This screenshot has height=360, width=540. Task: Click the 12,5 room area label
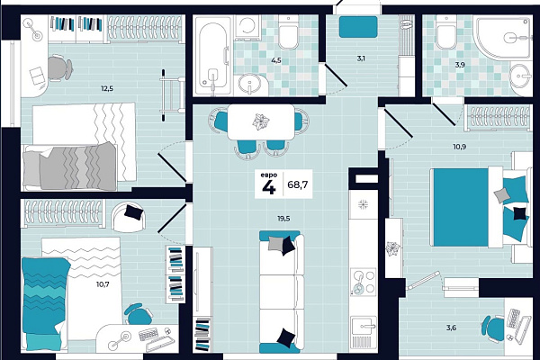107,89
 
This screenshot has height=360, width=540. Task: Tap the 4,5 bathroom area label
276,60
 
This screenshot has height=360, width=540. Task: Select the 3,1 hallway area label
361,58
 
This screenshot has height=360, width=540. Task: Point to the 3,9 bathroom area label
460,65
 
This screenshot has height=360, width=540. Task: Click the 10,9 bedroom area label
460,147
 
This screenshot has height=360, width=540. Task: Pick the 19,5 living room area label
283,219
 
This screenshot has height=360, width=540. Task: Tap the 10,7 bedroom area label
103,284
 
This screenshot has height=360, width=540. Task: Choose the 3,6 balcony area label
451,328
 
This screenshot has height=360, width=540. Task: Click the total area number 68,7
298,185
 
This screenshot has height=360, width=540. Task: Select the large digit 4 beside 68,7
269,188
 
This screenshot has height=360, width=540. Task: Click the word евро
269,175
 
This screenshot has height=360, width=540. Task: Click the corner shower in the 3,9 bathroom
502,37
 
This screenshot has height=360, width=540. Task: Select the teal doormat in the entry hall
358,27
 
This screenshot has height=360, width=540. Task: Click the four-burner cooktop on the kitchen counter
363,283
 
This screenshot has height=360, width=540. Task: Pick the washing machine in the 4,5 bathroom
247,28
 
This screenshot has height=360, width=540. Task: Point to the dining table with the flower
261,122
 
